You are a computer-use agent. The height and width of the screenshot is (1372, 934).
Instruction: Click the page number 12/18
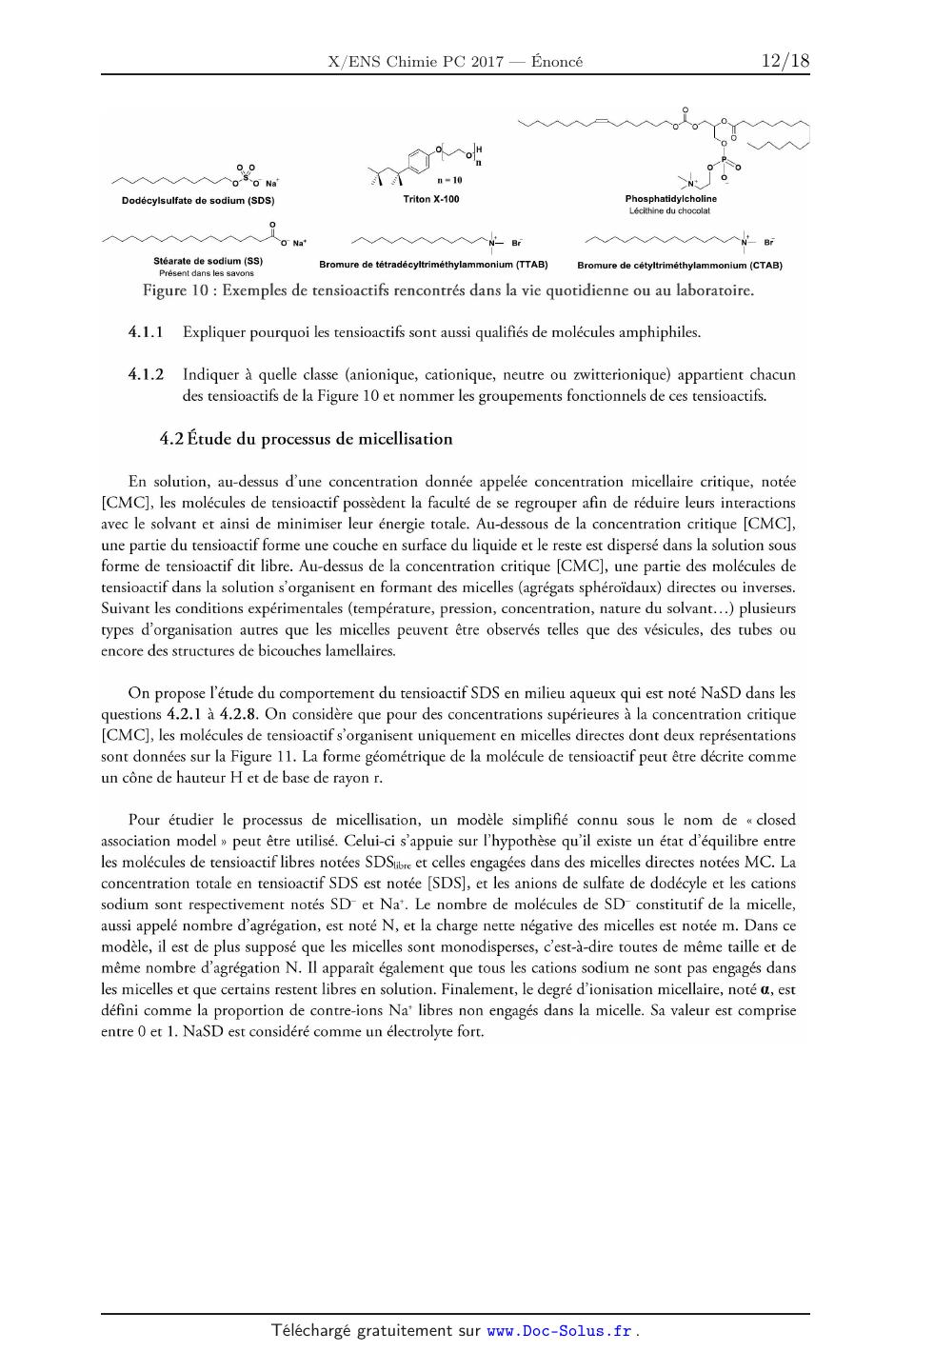point(785,61)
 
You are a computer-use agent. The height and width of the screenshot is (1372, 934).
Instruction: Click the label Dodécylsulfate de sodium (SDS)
point(198,201)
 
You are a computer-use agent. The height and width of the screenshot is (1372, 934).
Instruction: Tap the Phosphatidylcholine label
point(670,199)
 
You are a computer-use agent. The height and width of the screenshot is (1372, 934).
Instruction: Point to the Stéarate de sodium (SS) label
point(208,261)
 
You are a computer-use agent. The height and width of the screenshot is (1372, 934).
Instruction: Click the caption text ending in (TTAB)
point(433,265)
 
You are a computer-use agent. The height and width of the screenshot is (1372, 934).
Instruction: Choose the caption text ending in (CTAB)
point(673,265)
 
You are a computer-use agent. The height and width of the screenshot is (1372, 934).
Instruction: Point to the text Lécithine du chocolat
point(669,210)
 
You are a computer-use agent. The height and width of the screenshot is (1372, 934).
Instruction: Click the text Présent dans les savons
point(207,273)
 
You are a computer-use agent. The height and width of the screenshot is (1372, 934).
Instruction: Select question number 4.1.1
point(146,332)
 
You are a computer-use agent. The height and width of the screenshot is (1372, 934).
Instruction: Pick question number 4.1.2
point(146,374)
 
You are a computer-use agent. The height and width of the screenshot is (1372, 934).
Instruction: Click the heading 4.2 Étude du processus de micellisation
point(306,439)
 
